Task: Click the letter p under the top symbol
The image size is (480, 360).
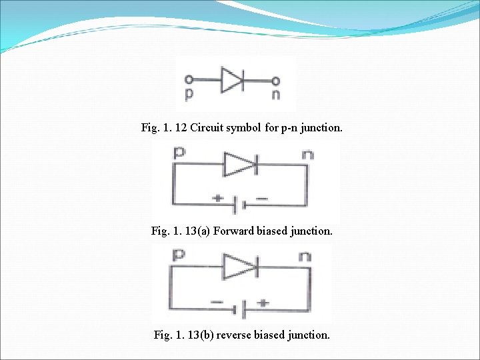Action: coord(189,95)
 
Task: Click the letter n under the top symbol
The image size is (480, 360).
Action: coord(275,95)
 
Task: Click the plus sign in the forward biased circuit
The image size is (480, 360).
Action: coord(217,198)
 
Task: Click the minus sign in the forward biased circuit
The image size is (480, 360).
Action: coord(261,198)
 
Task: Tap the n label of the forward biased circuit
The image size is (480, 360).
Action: coord(307,155)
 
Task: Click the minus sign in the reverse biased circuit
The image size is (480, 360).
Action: coord(217,302)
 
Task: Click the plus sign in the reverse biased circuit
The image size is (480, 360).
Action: coord(263,302)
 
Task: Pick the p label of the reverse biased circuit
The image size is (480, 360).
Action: coord(179,255)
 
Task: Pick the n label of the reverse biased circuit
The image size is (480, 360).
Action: coord(305,256)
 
